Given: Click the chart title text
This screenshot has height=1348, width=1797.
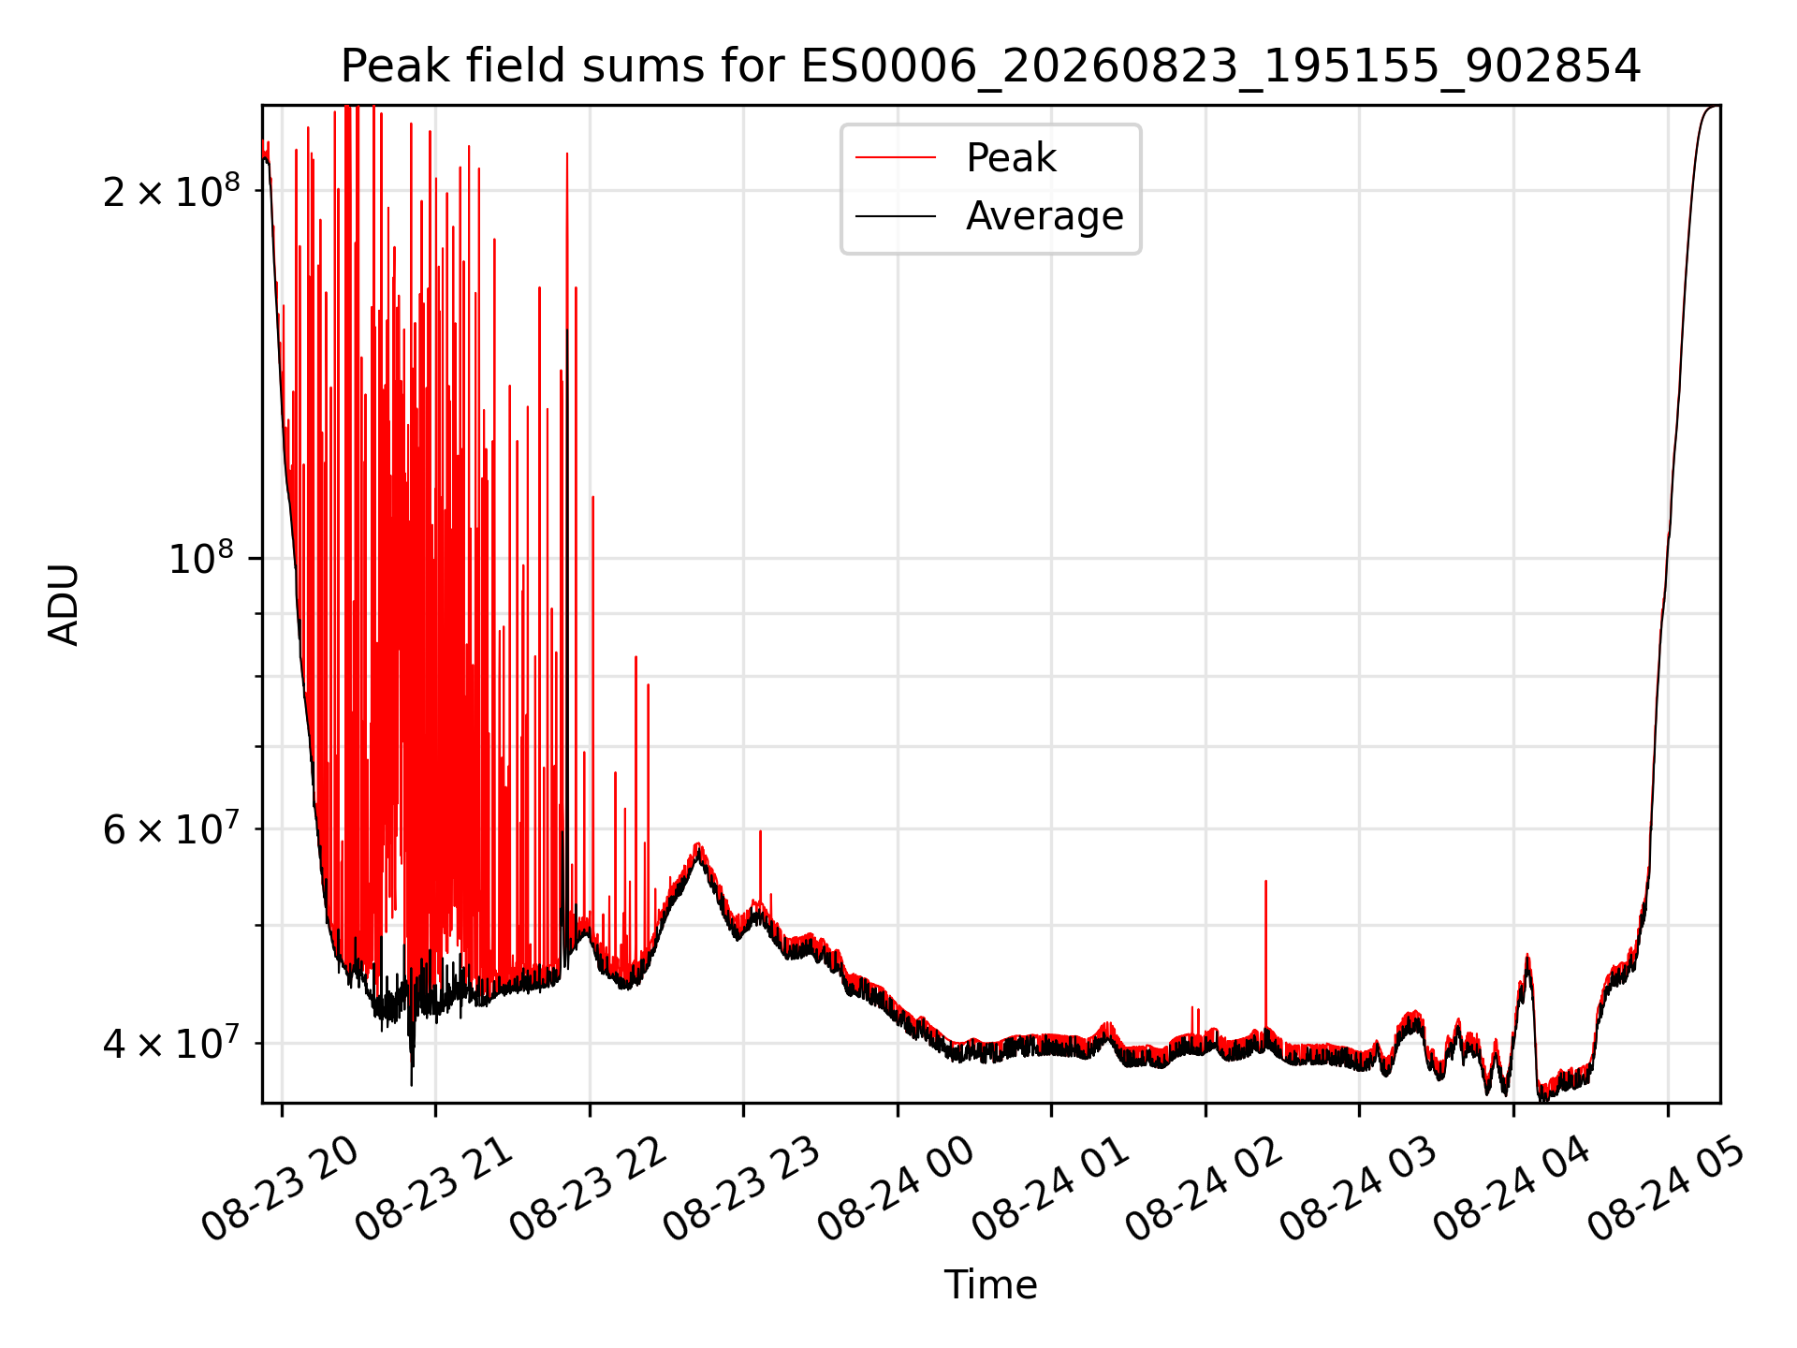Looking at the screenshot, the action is [x=990, y=66].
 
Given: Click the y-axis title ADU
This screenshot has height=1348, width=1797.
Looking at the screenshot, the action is [x=64, y=604].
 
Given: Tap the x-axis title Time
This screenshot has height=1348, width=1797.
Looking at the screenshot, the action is [x=990, y=1285].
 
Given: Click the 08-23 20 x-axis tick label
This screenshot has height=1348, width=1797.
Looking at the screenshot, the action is [x=280, y=1189].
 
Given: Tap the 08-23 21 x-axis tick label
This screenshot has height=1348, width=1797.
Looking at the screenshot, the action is [x=434, y=1189].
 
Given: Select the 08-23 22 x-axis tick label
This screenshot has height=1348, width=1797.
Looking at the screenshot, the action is [x=588, y=1189].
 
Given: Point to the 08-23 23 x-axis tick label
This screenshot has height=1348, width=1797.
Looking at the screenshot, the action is [x=742, y=1189].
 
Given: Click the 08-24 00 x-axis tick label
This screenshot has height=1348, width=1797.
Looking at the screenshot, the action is [x=896, y=1189].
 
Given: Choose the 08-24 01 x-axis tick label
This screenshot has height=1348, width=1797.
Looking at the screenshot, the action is [x=1050, y=1189].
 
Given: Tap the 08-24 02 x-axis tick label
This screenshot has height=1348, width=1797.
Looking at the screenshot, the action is [x=1204, y=1189].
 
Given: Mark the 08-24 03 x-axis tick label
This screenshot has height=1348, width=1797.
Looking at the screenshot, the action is [x=1358, y=1189].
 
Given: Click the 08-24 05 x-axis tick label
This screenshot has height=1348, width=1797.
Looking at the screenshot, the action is [x=1666, y=1189].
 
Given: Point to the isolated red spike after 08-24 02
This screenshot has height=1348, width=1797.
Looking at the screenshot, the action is [x=1265, y=955].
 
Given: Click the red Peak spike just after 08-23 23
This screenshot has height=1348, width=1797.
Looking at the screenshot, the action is [x=760, y=866].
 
